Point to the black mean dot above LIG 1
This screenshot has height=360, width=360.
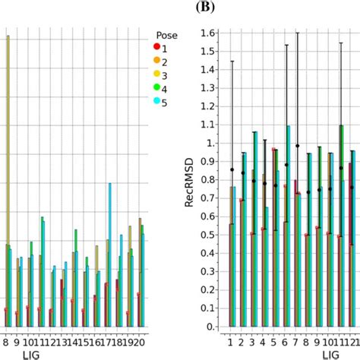pos(231,169)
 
